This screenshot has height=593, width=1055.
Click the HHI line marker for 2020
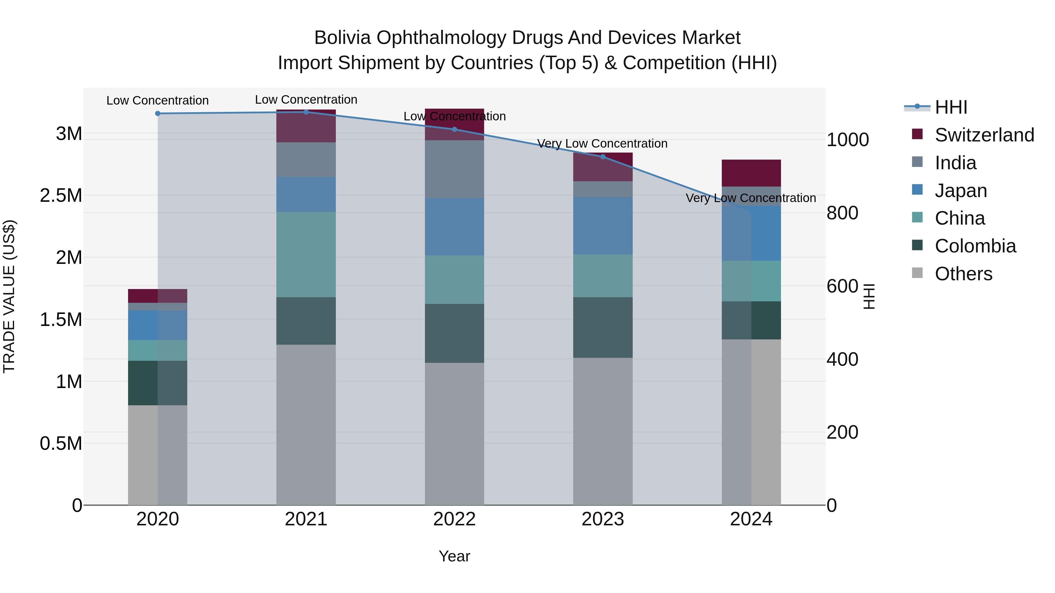[158, 113]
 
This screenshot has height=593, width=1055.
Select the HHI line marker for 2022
[454, 129]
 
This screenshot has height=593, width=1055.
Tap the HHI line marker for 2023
[603, 157]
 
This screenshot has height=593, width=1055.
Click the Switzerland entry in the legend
[984, 135]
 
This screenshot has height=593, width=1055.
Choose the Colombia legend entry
[975, 246]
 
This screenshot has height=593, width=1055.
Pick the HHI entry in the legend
[951, 107]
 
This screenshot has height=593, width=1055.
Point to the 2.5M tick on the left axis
[61, 196]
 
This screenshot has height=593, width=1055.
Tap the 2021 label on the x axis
[306, 519]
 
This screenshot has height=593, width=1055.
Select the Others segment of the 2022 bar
[454, 434]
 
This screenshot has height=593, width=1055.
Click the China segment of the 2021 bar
[306, 254]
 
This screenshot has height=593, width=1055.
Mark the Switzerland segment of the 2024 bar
[751, 173]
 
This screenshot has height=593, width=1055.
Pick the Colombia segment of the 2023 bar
[603, 327]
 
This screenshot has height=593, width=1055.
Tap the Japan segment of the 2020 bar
[158, 325]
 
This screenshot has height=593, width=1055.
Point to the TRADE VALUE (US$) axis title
[9, 297]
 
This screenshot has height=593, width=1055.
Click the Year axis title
[454, 556]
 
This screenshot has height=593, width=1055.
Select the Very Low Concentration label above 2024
[751, 198]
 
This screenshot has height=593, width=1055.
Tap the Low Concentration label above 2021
[306, 100]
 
